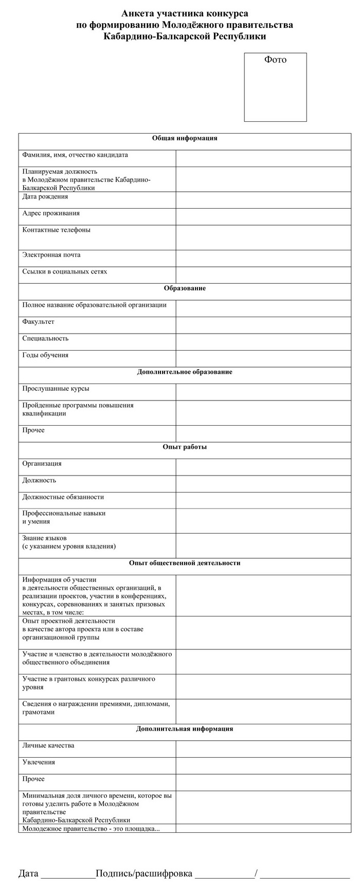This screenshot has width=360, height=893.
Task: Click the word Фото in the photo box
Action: tap(275, 60)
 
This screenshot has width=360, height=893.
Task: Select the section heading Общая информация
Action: tap(185, 138)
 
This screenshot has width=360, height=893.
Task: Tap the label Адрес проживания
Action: tap(51, 213)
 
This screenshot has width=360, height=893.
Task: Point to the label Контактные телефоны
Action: tap(56, 230)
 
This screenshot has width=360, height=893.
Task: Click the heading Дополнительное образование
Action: tap(185, 372)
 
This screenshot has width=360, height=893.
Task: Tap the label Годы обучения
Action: tap(45, 355)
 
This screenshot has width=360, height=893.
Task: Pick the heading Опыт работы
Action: tap(185, 447)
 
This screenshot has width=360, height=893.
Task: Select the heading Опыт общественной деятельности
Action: tap(185, 563)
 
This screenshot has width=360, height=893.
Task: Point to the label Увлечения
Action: tap(39, 762)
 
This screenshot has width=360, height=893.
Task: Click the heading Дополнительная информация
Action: tap(185, 729)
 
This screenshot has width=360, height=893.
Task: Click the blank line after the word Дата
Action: tap(68, 873)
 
